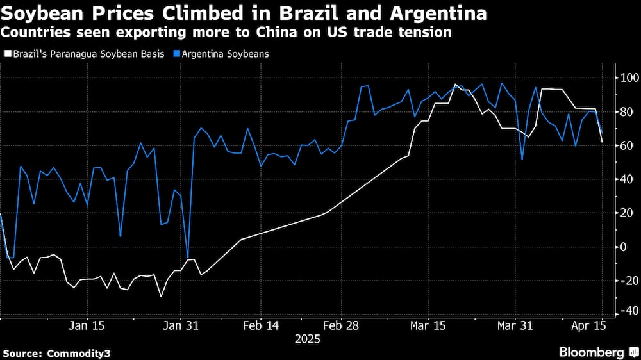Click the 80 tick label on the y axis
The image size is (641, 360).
(x=626, y=112)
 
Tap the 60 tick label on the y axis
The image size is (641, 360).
(x=626, y=145)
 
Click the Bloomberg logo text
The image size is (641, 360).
(x=592, y=352)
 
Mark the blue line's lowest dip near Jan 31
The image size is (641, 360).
(x=188, y=258)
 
